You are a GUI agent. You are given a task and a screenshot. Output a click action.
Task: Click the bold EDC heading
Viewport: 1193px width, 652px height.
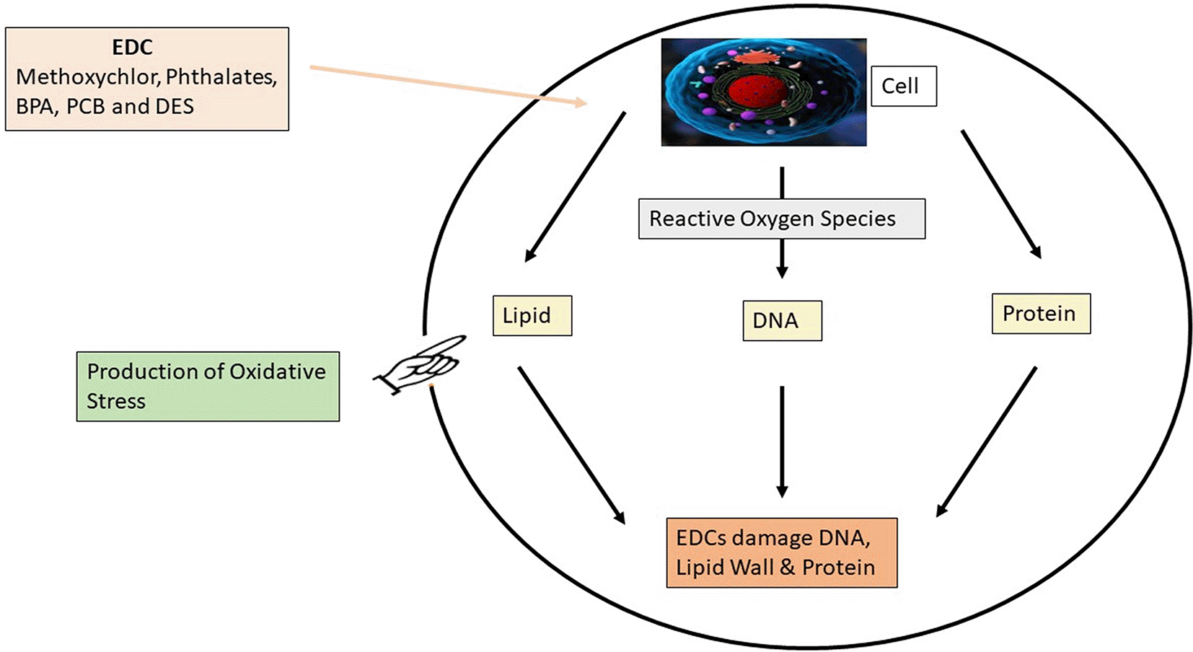pyautogui.click(x=132, y=48)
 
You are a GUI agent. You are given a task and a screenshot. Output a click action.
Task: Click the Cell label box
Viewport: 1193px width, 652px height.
pyautogui.click(x=903, y=87)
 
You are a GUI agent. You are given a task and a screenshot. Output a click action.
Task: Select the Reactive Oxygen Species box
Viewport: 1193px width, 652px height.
pyautogui.click(x=781, y=219)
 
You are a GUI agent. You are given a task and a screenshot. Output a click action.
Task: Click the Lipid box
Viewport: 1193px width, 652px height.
pyautogui.click(x=532, y=316)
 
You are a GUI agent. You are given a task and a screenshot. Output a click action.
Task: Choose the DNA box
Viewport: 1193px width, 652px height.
pyautogui.click(x=782, y=321)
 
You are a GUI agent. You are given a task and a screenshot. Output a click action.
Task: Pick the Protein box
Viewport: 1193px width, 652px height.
pyautogui.click(x=1040, y=314)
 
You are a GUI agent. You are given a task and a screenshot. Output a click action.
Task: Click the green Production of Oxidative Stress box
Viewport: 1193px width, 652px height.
pyautogui.click(x=208, y=387)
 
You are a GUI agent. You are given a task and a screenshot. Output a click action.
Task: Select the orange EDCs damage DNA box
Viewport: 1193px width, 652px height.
pyautogui.click(x=781, y=552)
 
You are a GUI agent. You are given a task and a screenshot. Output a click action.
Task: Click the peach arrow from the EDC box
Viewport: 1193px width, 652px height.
pyautogui.click(x=447, y=86)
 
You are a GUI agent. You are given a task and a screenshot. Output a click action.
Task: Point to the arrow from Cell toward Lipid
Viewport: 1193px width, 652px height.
pyautogui.click(x=575, y=186)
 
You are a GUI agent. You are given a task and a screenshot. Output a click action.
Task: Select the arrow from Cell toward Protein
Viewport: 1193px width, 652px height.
pyautogui.click(x=1000, y=193)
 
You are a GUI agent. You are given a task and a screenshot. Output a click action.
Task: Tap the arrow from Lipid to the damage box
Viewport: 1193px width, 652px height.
pyautogui.click(x=571, y=444)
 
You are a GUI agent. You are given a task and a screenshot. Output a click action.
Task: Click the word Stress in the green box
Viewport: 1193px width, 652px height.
pyautogui.click(x=116, y=402)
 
